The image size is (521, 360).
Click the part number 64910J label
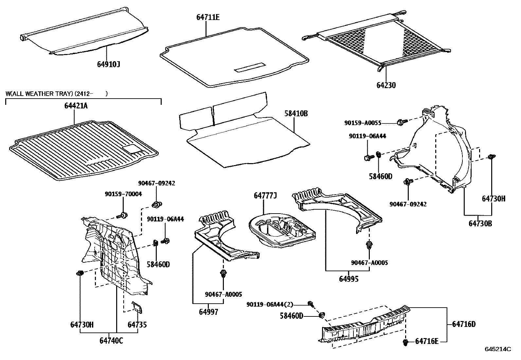click(108, 64)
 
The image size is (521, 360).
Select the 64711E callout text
click(208, 17)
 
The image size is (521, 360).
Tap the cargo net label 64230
click(386, 85)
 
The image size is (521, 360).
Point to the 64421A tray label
click(76, 106)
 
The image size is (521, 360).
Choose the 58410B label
click(296, 114)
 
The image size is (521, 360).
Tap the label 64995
click(349, 279)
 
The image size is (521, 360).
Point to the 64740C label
click(111, 341)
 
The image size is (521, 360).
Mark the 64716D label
click(464, 324)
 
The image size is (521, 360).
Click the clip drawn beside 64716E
click(405, 343)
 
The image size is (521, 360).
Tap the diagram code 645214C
click(498, 349)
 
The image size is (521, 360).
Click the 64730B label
click(480, 223)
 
